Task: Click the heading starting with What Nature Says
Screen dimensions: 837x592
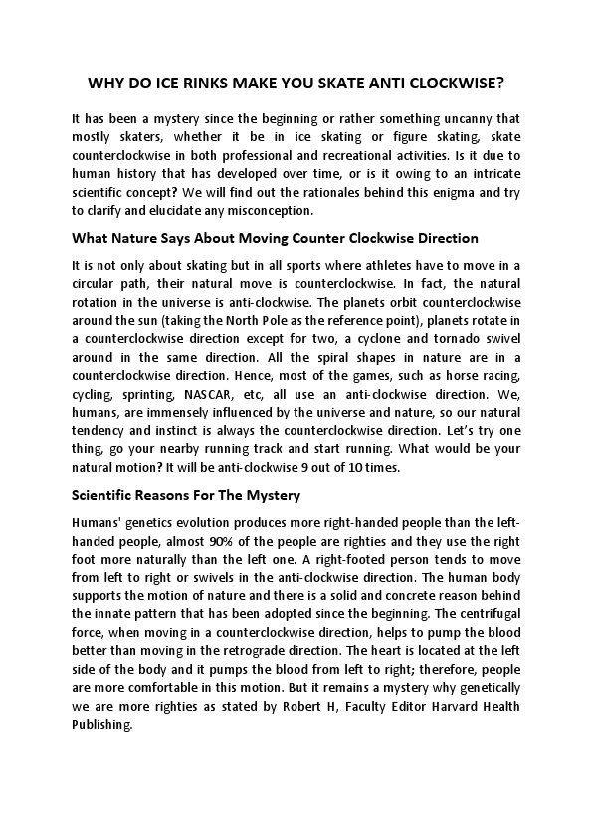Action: tap(276, 239)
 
